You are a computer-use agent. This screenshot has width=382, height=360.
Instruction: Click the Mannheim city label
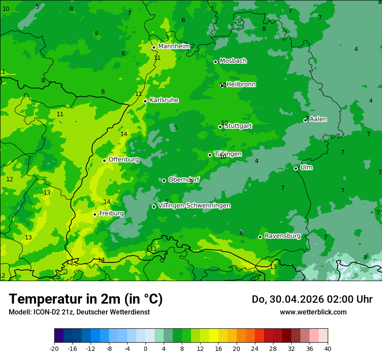point(174,46)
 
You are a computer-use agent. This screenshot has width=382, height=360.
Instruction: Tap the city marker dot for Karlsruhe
point(145,101)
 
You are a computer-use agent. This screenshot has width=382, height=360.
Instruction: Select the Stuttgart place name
point(238,126)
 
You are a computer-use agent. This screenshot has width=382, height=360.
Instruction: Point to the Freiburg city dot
point(95,214)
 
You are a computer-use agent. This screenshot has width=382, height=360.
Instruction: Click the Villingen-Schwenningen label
point(194,206)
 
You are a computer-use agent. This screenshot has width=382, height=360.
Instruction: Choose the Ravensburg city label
point(282,236)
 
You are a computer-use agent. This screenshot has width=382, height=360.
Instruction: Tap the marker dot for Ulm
point(296,168)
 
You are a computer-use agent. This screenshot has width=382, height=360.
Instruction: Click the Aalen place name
point(318,119)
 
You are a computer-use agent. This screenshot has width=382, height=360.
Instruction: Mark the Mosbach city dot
point(215,62)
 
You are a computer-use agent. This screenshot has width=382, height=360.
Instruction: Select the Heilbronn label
point(241,85)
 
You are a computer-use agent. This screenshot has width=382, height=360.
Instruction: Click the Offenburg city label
point(124,160)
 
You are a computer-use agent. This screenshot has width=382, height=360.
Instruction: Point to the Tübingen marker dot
point(210,155)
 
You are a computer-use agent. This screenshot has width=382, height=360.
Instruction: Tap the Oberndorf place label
point(184,180)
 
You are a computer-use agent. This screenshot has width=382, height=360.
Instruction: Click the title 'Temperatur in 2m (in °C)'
point(86,299)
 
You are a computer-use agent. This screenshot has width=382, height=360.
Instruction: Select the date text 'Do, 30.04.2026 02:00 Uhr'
point(312,299)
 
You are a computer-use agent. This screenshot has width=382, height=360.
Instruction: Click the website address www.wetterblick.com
point(313,312)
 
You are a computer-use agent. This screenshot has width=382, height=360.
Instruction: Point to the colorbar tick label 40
point(327,348)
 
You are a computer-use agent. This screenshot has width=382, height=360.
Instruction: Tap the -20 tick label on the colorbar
point(54,348)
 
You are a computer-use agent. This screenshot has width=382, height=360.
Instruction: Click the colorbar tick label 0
point(145,348)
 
